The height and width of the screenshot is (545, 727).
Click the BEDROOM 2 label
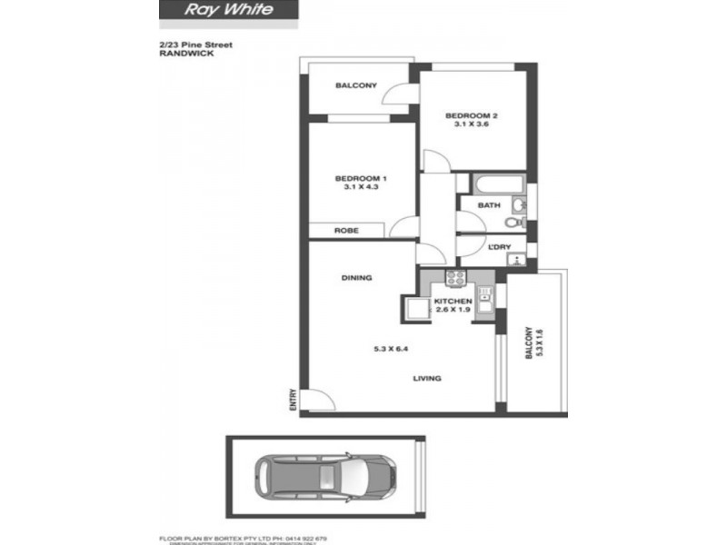[471, 115]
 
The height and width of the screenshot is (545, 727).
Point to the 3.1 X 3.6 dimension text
[471, 126]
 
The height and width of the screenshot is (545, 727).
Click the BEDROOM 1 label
[361, 177]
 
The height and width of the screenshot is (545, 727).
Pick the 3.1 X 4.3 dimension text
[361, 188]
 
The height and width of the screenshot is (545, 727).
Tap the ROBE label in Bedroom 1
[346, 231]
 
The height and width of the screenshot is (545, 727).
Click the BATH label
[489, 205]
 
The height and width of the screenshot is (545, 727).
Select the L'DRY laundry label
[499, 248]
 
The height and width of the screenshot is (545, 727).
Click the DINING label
[357, 278]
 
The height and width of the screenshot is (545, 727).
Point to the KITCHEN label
[452, 301]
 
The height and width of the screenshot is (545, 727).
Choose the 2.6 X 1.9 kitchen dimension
[452, 311]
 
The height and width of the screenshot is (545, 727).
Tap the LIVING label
[427, 379]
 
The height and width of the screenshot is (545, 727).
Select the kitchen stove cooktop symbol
[455, 278]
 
